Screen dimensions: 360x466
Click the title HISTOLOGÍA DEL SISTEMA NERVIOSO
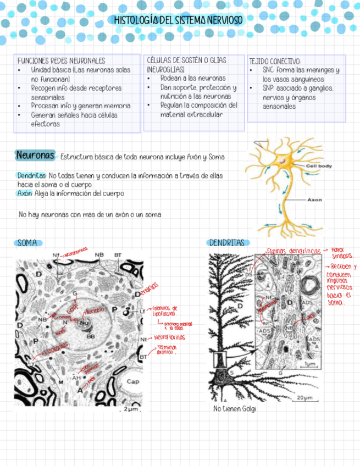(178, 20)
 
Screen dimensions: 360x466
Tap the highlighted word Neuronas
(35, 156)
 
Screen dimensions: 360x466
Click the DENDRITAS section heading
(226, 243)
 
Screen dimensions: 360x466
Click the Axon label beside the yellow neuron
(315, 200)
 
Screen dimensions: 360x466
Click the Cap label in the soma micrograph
(132, 381)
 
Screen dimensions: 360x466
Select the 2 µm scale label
(130, 409)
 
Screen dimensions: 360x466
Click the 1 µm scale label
(309, 364)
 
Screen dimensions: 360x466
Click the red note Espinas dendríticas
(293, 251)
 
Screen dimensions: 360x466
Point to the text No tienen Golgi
(234, 409)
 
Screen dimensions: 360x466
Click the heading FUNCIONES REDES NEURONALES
(61, 61)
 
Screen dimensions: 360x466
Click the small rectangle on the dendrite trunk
(219, 359)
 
